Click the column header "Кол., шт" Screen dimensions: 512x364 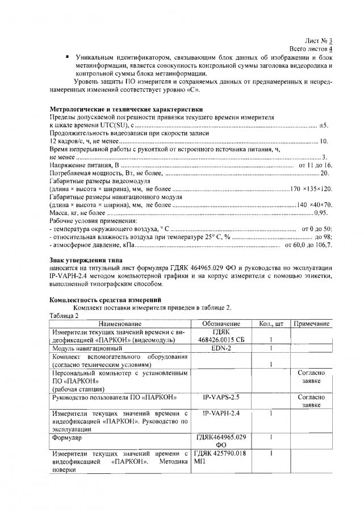click(x=271, y=323)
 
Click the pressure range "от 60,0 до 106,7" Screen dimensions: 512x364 click(x=308, y=245)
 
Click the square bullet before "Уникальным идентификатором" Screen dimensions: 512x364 click(x=67, y=57)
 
